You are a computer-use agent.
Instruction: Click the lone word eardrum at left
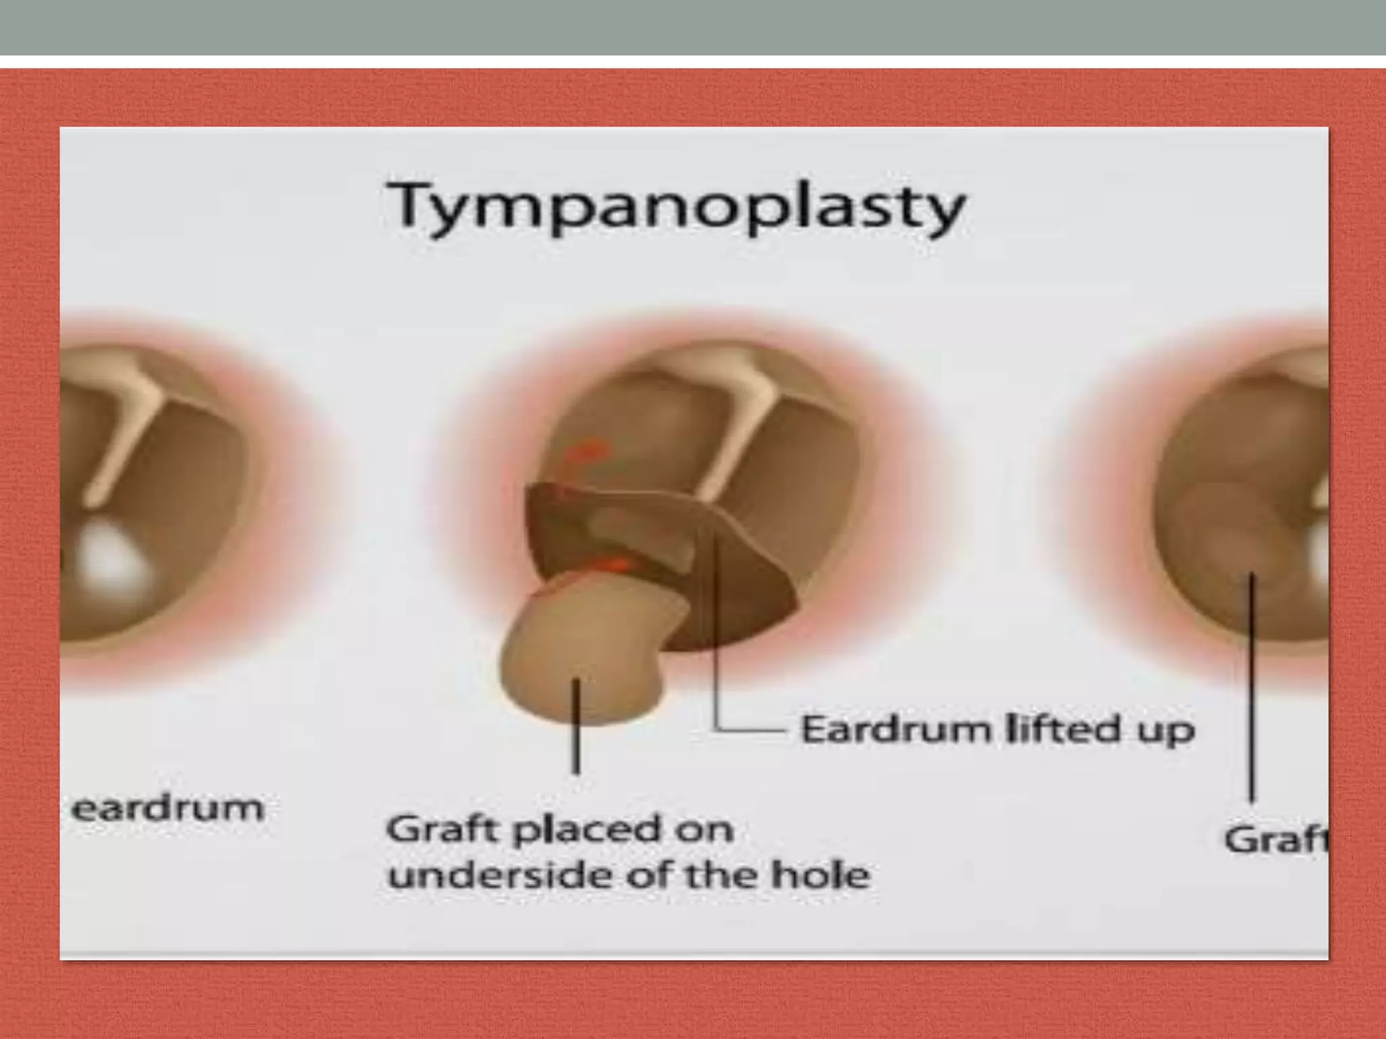(167, 808)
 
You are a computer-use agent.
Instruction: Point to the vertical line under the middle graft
(576, 727)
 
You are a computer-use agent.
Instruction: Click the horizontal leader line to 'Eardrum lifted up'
(751, 731)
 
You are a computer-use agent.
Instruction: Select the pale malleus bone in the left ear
(125, 433)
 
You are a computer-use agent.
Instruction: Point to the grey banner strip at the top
(693, 27)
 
